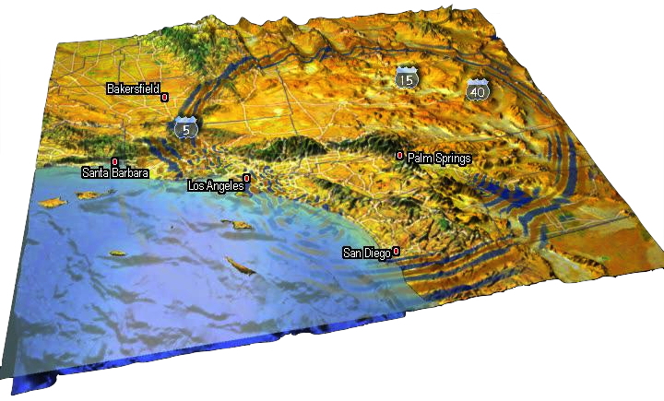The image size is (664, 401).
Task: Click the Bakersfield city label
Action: tap(133, 88)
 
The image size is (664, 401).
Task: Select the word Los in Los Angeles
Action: tap(197, 186)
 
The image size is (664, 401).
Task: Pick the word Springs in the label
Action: tap(452, 159)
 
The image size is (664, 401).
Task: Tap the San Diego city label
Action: tap(367, 254)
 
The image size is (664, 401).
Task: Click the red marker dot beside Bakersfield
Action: tap(164, 96)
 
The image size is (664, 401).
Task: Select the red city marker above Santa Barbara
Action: tap(114, 161)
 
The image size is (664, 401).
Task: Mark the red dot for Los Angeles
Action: tap(245, 178)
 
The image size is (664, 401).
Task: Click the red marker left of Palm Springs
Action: tap(399, 156)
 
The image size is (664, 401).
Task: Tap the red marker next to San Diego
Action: tap(396, 251)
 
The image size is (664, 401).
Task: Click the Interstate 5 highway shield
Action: tap(186, 128)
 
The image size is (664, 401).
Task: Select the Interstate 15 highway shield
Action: tap(407, 77)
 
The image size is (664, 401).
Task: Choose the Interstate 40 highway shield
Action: tap(477, 89)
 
